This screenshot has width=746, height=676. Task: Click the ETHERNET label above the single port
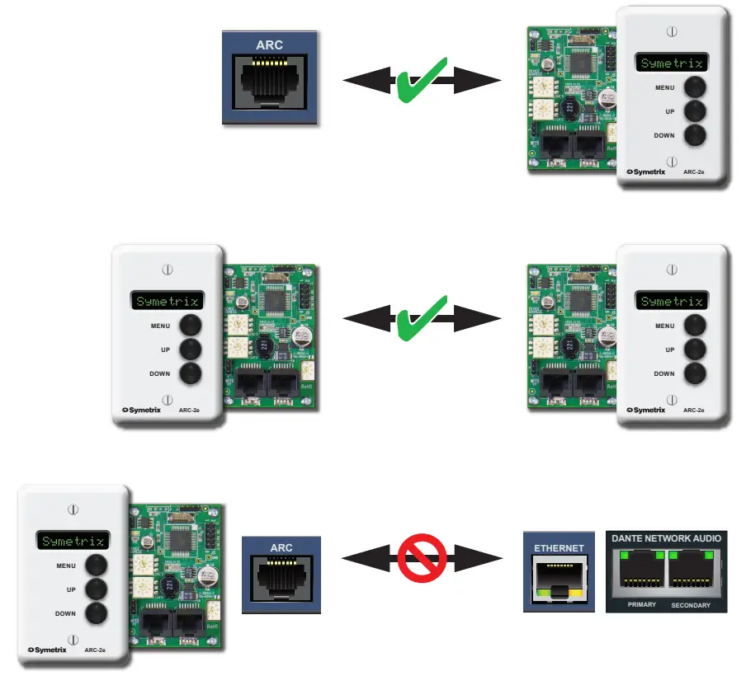(559, 547)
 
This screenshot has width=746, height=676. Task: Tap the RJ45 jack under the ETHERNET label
(559, 580)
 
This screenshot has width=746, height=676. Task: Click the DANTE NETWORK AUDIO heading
(666, 538)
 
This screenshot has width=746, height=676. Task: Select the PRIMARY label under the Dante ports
(641, 604)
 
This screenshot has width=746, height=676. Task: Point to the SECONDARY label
(691, 605)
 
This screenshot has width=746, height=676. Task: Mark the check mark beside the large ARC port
(422, 80)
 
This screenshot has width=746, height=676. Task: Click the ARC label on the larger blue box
(269, 45)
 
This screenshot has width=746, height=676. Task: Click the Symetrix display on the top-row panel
(672, 63)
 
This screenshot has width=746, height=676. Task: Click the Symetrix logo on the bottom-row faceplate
(52, 649)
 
